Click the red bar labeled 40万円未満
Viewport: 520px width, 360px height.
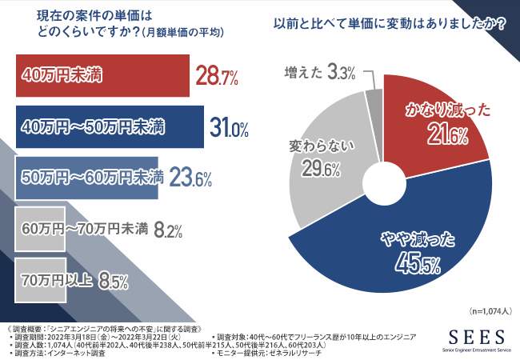(100, 76)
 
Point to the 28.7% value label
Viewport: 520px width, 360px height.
(218, 77)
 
